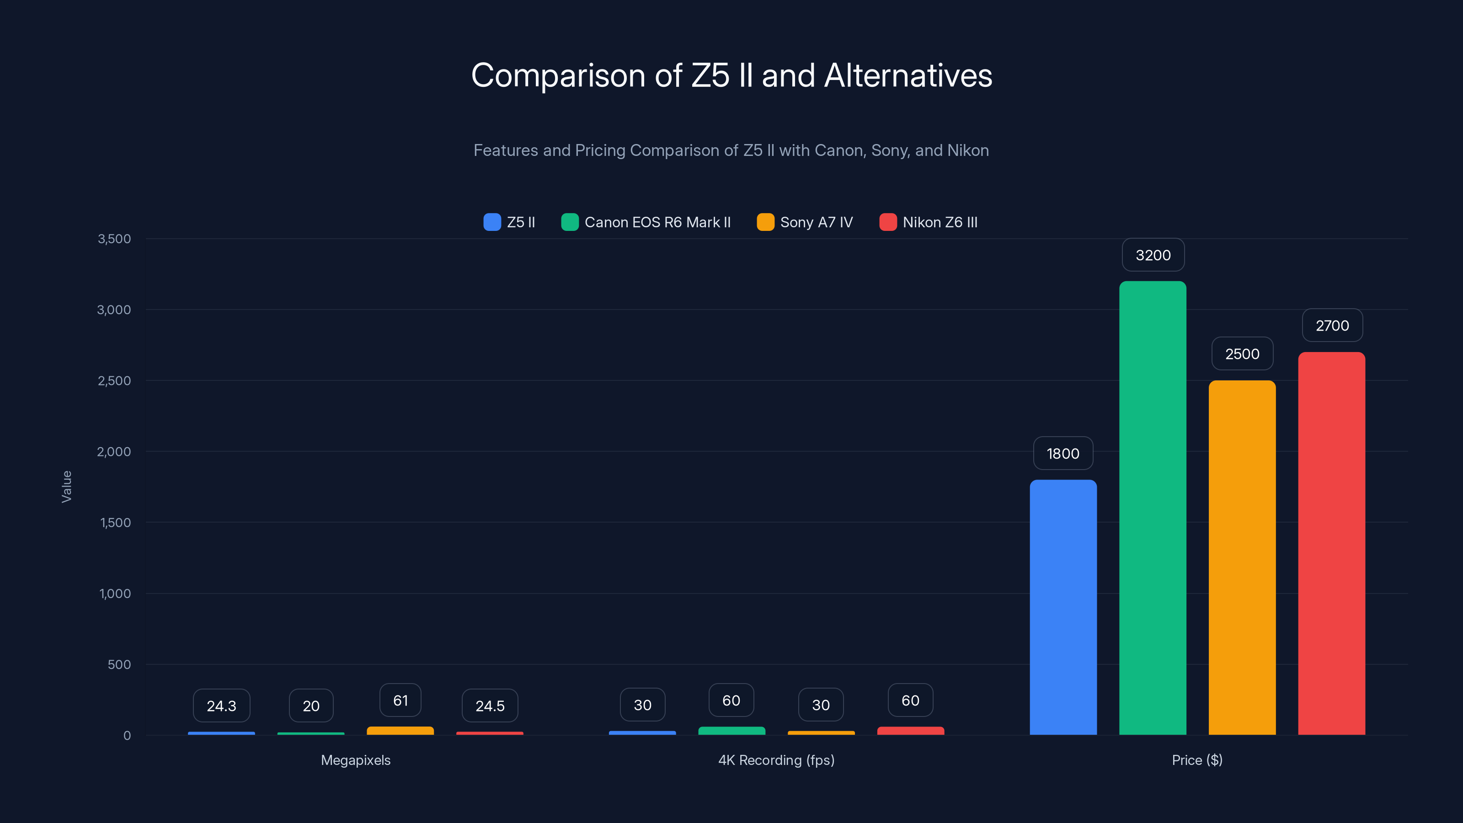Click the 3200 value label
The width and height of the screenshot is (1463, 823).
tap(1153, 255)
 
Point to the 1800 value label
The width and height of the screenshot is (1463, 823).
tap(1063, 453)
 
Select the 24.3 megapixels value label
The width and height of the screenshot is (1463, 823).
tap(221, 705)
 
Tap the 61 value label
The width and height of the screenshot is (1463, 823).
tap(400, 700)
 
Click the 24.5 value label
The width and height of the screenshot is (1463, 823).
tap(490, 705)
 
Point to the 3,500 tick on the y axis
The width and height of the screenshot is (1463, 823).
tap(114, 239)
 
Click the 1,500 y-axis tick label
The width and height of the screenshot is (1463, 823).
tap(115, 523)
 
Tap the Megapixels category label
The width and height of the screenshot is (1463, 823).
tap(356, 760)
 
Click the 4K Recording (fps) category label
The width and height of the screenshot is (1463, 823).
tap(776, 760)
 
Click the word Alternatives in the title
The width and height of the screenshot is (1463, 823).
tap(908, 75)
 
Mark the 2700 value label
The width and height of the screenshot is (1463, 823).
tap(1332, 326)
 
